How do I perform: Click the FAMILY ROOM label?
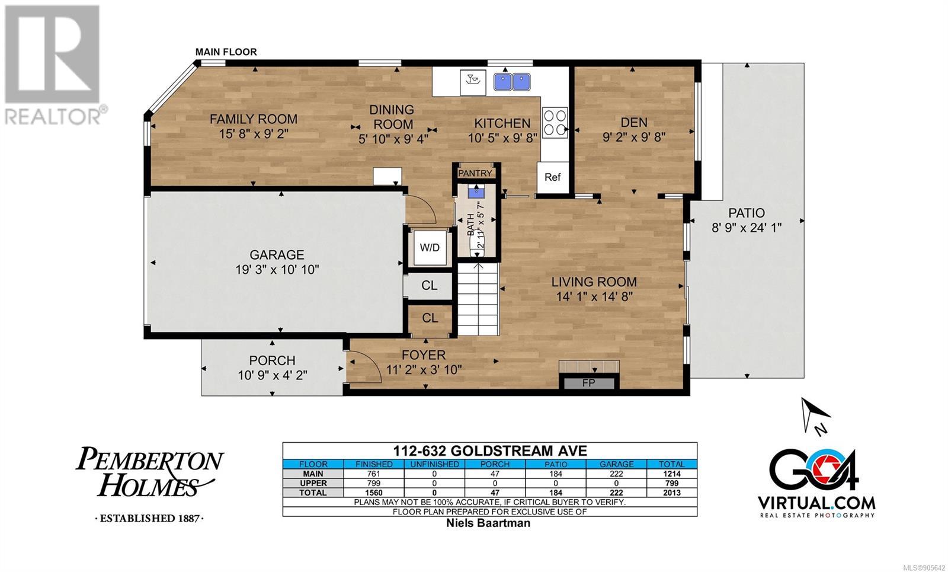tap(254, 119)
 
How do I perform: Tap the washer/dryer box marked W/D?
tap(430, 248)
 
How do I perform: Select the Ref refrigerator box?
tap(552, 177)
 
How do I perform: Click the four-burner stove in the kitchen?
tap(555, 123)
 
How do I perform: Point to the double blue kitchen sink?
tap(512, 82)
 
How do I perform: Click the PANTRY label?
tap(475, 173)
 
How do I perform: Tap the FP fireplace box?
tap(589, 383)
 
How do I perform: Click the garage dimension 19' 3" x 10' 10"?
tap(277, 269)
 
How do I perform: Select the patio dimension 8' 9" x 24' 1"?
tap(747, 228)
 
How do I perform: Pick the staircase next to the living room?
tap(478, 299)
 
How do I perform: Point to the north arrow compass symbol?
tap(814, 416)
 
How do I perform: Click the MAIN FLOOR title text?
tap(226, 52)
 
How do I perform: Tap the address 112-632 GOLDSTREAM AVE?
tap(490, 450)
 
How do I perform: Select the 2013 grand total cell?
tap(672, 493)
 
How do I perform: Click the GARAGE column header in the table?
tap(616, 464)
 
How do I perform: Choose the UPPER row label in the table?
tap(313, 483)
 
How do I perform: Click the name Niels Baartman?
tap(488, 523)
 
